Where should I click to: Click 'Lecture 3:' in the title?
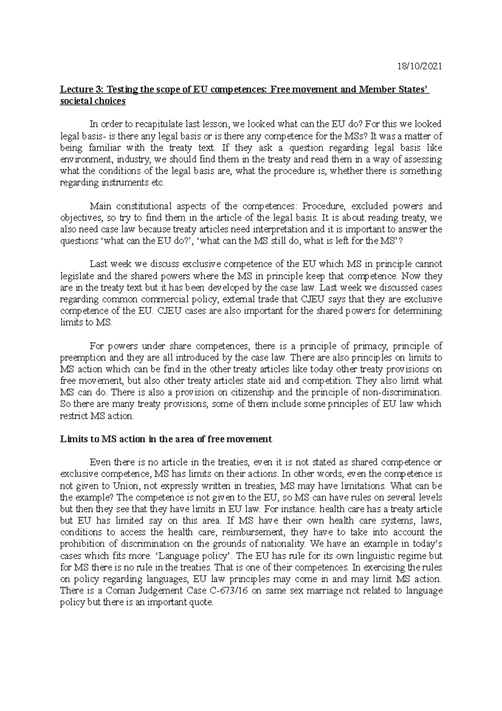click(82, 90)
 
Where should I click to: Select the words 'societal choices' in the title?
click(92, 101)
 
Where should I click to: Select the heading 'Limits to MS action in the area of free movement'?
click(166, 439)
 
